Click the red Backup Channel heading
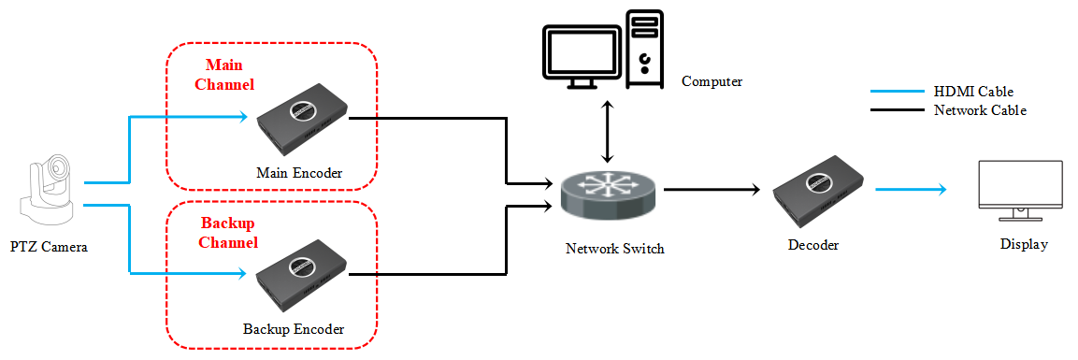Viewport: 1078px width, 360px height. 229,233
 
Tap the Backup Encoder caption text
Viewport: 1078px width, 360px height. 294,329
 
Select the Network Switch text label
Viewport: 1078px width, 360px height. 614,249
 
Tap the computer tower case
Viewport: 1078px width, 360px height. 644,50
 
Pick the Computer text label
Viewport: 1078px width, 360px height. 711,81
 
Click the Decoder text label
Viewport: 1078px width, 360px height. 814,245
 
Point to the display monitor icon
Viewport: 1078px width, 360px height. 1019,191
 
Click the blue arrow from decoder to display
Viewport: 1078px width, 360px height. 911,190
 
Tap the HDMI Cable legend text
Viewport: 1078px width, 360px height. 973,92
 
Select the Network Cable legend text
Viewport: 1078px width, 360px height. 980,110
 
